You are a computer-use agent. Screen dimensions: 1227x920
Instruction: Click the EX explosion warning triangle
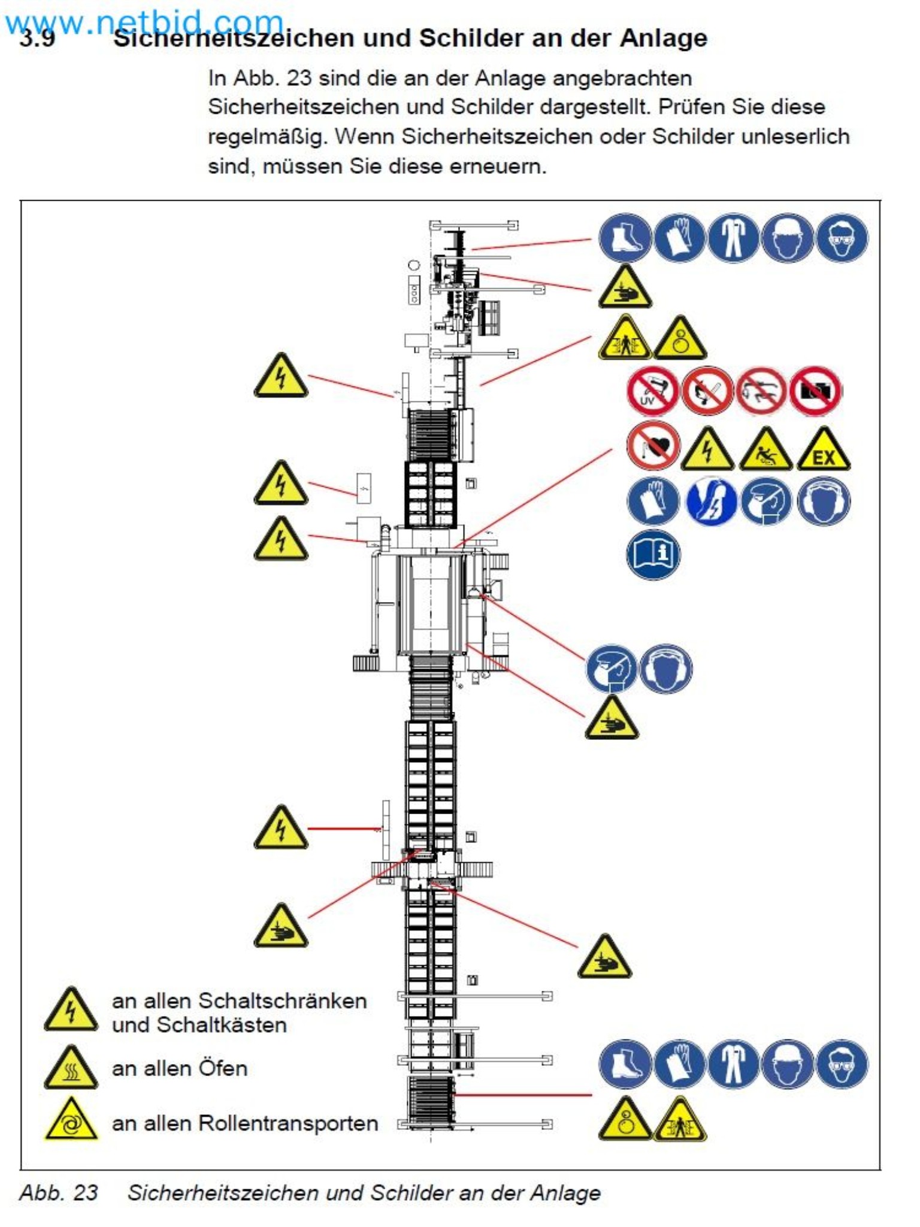pyautogui.click(x=824, y=451)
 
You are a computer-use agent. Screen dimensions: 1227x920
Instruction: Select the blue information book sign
pyautogui.click(x=653, y=555)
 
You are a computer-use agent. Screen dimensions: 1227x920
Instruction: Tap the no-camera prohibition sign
pyautogui.click(x=815, y=391)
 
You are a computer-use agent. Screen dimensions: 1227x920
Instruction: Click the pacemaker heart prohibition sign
pyautogui.click(x=653, y=446)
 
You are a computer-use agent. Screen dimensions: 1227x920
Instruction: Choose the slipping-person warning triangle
pyautogui.click(x=765, y=451)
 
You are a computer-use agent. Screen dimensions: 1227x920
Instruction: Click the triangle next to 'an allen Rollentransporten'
pyautogui.click(x=71, y=1122)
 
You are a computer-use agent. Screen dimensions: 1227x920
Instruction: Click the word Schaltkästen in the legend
pyautogui.click(x=222, y=1025)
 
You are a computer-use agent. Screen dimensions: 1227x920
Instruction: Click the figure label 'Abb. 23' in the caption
pyautogui.click(x=59, y=1192)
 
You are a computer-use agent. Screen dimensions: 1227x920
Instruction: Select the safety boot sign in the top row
pyautogui.click(x=625, y=238)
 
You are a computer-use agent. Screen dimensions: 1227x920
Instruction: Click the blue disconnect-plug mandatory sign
pyautogui.click(x=710, y=501)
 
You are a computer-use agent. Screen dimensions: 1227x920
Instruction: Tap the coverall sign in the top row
pyautogui.click(x=733, y=238)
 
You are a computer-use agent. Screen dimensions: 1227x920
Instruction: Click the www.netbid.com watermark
pyautogui.click(x=144, y=23)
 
